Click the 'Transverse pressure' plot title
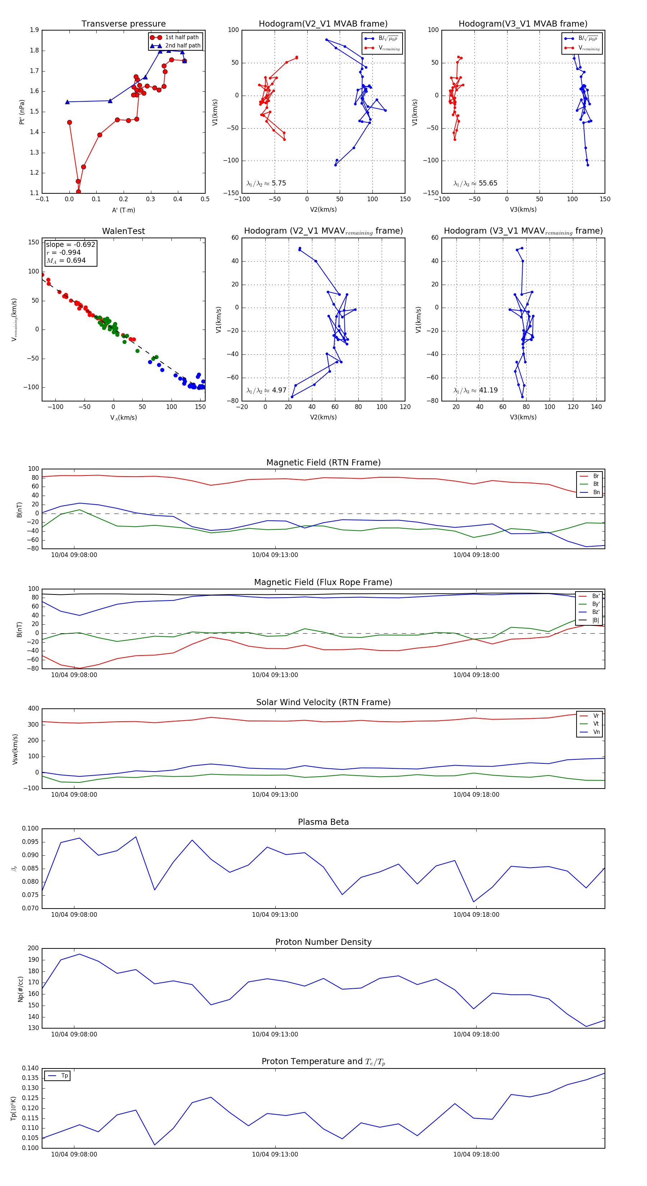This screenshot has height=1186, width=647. (x=123, y=24)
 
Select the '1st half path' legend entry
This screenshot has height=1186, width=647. (x=182, y=37)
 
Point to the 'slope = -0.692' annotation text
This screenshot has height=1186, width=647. (x=70, y=244)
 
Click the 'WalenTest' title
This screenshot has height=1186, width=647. (x=123, y=231)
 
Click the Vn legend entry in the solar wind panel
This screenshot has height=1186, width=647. (x=596, y=732)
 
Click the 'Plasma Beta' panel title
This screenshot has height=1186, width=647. (x=323, y=822)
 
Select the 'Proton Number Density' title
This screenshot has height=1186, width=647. (x=323, y=942)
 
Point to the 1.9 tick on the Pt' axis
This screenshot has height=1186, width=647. (x=34, y=30)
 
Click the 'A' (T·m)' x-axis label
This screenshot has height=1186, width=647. (x=123, y=210)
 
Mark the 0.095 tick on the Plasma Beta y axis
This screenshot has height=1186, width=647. (x=31, y=842)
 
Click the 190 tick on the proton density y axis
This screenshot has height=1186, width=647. (x=33, y=960)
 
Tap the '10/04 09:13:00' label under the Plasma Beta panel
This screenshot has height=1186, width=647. (x=275, y=914)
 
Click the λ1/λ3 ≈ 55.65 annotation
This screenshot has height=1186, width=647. (x=475, y=183)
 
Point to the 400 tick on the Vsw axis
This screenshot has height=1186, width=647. (x=33, y=709)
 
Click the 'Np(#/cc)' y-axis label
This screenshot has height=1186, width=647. (x=20, y=988)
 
